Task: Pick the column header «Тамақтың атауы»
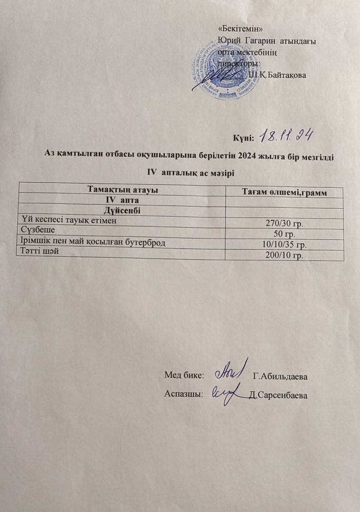123,190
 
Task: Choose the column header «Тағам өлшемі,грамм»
286,192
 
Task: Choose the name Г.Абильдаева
281,377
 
